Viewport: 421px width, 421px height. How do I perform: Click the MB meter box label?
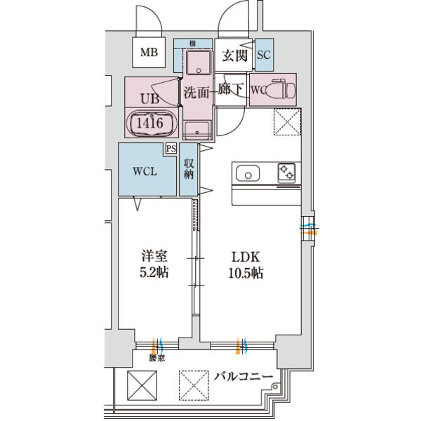148,52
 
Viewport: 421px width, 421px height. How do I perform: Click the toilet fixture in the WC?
283,90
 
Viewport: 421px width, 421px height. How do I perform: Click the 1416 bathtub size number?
150,123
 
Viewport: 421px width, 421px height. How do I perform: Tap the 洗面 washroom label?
196,91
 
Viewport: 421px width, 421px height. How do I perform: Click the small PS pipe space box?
171,149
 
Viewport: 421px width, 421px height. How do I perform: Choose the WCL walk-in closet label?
145,171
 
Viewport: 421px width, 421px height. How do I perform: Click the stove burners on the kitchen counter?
287,173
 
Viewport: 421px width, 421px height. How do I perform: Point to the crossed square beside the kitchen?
285,123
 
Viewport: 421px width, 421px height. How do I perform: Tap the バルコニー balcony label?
242,377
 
